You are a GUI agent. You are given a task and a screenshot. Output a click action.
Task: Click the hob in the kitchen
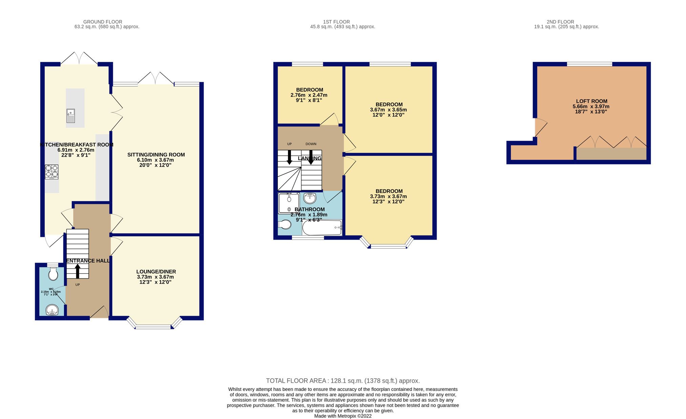51,172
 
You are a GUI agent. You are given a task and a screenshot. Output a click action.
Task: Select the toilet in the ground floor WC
53,274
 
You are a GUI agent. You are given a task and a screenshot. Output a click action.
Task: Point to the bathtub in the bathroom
322,228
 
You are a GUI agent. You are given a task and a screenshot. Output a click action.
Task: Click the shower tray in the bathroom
289,203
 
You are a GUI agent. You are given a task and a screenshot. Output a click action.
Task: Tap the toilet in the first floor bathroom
285,225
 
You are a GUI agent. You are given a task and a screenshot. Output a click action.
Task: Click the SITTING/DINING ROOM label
156,155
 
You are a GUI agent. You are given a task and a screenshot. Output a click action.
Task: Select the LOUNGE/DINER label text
156,271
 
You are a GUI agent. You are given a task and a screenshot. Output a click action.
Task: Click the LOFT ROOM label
591,101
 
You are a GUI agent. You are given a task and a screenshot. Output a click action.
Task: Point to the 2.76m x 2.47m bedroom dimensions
309,95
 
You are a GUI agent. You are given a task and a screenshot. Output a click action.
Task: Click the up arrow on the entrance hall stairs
78,271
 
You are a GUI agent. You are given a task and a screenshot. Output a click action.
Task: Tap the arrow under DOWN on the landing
311,157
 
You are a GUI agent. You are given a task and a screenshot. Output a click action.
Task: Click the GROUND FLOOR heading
103,22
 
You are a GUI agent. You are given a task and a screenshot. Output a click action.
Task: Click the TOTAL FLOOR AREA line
343,381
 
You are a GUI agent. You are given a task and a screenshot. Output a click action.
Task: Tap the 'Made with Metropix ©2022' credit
343,416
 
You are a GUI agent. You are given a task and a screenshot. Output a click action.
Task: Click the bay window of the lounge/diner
153,327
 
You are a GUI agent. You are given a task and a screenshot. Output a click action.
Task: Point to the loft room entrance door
541,127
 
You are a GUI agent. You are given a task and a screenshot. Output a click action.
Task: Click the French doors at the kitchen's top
79,58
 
